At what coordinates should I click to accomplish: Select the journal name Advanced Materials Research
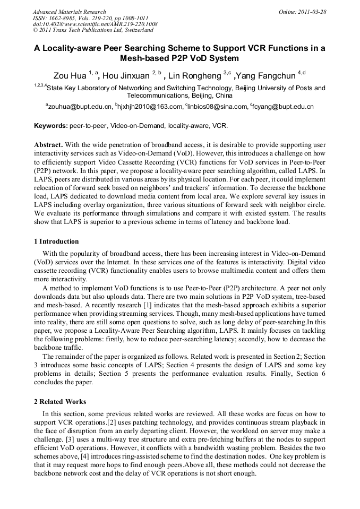pyautogui.click(x=70, y=12)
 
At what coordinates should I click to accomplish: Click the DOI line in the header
pyautogui.click(x=95, y=24)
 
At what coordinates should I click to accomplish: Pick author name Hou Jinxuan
pyautogui.click(x=126, y=75)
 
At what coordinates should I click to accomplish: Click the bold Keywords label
pyautogui.click(x=50, y=126)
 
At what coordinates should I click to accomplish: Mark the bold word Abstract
pyautogui.click(x=48, y=145)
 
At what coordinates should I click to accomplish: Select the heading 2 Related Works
pyautogui.click(x=60, y=401)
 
